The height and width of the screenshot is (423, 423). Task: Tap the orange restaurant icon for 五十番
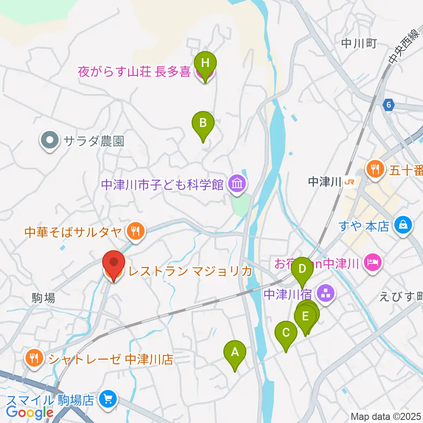pos(375,168)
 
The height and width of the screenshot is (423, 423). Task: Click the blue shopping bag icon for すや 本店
pos(403,225)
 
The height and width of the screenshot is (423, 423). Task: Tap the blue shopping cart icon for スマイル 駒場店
pos(107,400)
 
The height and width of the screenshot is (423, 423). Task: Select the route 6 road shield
pos(387,105)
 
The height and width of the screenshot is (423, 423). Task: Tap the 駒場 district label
pos(43,298)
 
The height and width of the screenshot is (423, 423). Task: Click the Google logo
pos(30,412)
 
